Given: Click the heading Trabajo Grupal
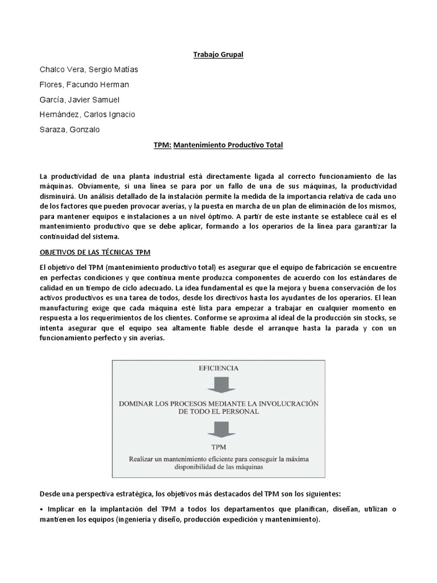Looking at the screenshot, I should point(218,55).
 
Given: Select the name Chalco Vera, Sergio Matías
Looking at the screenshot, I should point(89,69).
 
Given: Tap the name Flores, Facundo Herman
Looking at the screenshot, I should point(84,85).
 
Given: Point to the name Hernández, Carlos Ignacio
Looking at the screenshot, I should point(88,114).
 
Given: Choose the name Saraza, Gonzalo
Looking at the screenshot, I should point(69,129).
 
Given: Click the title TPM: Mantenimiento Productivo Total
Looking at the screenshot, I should point(218,145).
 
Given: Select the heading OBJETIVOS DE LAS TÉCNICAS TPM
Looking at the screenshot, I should point(94,252).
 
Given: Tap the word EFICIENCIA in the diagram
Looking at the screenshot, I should point(220,368).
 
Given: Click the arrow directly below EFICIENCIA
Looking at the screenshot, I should point(219,385).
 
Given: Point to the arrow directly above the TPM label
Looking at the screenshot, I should point(219,428).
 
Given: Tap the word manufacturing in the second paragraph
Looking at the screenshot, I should point(67,308).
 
